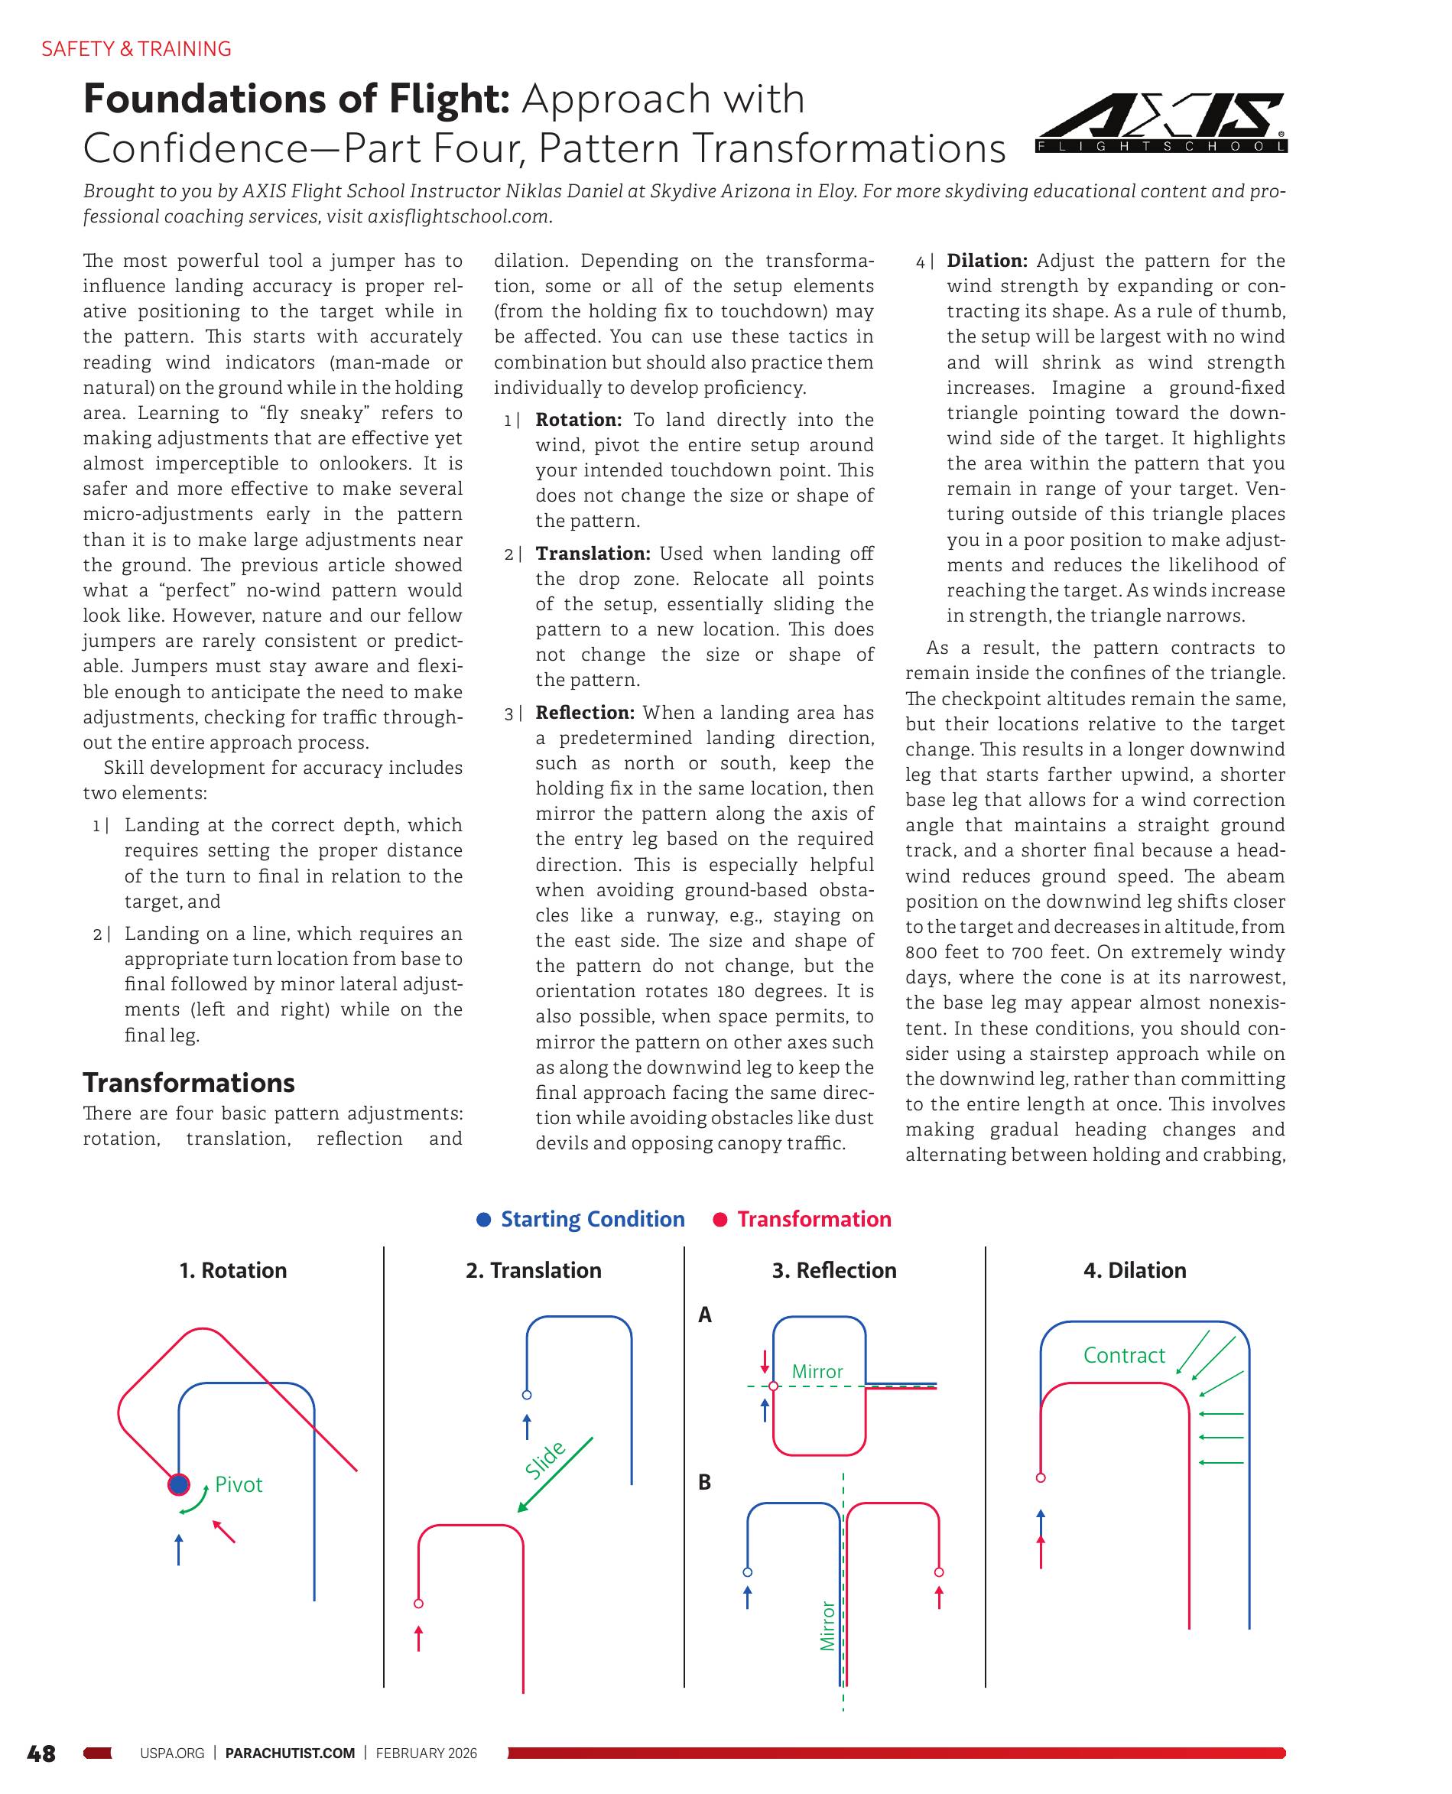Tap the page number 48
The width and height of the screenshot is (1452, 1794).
[x=42, y=1753]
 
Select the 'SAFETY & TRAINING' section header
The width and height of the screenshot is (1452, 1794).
[x=136, y=48]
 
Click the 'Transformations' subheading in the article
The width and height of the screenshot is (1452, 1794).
[x=188, y=1082]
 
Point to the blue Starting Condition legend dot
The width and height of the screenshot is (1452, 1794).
[x=483, y=1220]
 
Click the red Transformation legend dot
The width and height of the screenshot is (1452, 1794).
[x=720, y=1220]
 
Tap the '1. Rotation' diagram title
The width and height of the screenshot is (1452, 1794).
[x=232, y=1269]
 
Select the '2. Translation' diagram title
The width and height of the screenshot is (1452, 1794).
[x=534, y=1269]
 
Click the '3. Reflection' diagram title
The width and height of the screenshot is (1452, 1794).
[x=834, y=1269]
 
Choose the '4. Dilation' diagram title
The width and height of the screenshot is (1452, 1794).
[x=1135, y=1269]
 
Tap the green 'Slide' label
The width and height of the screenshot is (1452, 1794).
[x=545, y=1461]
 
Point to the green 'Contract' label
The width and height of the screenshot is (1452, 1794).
[x=1123, y=1355]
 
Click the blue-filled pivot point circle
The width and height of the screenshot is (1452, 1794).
[x=178, y=1484]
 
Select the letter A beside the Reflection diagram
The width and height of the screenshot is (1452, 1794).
[x=705, y=1315]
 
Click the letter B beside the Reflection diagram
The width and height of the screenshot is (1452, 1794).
[x=705, y=1482]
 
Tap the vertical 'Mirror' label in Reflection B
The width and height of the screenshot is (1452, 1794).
[x=827, y=1625]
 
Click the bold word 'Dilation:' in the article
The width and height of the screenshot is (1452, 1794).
[x=987, y=261]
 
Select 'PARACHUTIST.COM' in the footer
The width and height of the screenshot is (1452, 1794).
[x=291, y=1753]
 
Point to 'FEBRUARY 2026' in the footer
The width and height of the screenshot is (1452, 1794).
[x=427, y=1753]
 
